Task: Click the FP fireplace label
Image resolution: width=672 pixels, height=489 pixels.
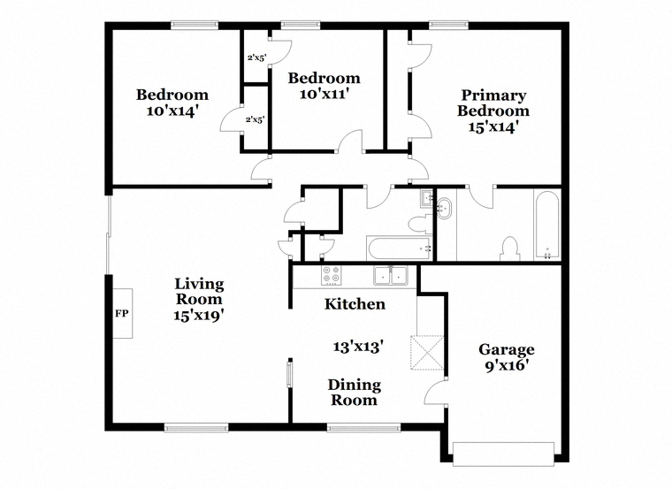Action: [122, 314]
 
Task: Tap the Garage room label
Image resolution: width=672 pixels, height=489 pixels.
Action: [506, 349]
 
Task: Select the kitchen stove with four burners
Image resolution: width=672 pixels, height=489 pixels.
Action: [332, 275]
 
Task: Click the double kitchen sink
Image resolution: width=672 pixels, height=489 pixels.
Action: [391, 275]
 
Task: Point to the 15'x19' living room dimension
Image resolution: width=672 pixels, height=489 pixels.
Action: [199, 316]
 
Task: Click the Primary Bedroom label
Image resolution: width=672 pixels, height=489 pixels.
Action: [493, 103]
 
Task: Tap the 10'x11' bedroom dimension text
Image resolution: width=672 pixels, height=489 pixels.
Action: [322, 94]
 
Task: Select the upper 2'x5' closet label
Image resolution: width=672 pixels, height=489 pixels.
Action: [257, 57]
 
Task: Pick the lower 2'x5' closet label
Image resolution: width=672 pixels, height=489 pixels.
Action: [255, 119]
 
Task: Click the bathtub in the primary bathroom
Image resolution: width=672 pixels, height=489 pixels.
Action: [547, 225]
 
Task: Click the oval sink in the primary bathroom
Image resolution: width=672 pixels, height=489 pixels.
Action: [444, 209]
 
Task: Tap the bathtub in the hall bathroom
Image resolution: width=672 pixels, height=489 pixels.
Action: [400, 248]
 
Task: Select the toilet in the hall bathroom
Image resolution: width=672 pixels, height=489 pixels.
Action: [420, 224]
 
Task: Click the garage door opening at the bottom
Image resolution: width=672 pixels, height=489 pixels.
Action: [504, 454]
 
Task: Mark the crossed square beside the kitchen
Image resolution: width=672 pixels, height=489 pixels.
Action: [427, 353]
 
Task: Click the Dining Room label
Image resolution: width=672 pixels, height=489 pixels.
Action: [354, 393]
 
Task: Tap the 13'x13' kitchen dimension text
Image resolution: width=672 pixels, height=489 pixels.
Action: [358, 347]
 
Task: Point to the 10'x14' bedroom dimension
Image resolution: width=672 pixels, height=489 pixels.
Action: [172, 111]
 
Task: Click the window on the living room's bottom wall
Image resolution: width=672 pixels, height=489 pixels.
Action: [196, 427]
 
